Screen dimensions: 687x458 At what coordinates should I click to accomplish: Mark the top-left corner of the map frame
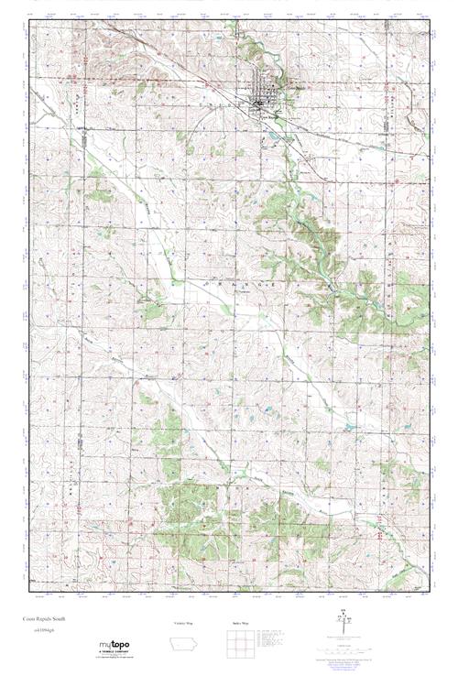[29, 22]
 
